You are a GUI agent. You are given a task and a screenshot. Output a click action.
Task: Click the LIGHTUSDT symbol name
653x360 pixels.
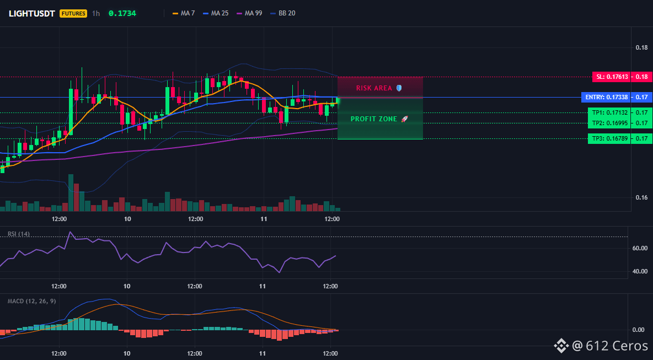(31, 13)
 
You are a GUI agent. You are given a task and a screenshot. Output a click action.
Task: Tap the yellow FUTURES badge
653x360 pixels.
(73, 13)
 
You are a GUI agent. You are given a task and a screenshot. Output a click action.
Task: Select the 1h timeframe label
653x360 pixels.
(96, 13)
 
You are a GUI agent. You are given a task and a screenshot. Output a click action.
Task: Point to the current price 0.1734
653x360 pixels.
(122, 13)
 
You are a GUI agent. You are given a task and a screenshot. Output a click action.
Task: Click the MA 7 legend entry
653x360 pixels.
(184, 13)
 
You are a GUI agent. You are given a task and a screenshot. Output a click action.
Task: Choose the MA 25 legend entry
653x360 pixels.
(215, 13)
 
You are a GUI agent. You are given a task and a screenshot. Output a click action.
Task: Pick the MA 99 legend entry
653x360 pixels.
(249, 13)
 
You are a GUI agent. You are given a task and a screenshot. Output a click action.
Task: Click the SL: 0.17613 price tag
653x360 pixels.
(611, 77)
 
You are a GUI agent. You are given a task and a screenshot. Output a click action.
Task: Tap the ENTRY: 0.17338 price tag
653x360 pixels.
(606, 98)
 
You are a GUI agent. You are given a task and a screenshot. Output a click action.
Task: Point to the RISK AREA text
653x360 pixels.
(374, 88)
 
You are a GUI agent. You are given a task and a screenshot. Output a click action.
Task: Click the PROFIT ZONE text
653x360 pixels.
(374, 119)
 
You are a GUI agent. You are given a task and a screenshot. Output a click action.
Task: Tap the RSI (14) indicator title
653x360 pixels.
(19, 234)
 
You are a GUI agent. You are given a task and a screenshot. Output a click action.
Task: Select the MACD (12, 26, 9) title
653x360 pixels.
(31, 301)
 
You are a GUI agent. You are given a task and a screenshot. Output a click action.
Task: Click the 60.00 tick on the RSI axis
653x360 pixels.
(639, 249)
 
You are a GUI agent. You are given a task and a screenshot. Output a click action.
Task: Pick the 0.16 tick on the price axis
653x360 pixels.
(641, 198)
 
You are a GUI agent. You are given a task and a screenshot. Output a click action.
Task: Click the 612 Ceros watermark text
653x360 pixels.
(617, 346)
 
